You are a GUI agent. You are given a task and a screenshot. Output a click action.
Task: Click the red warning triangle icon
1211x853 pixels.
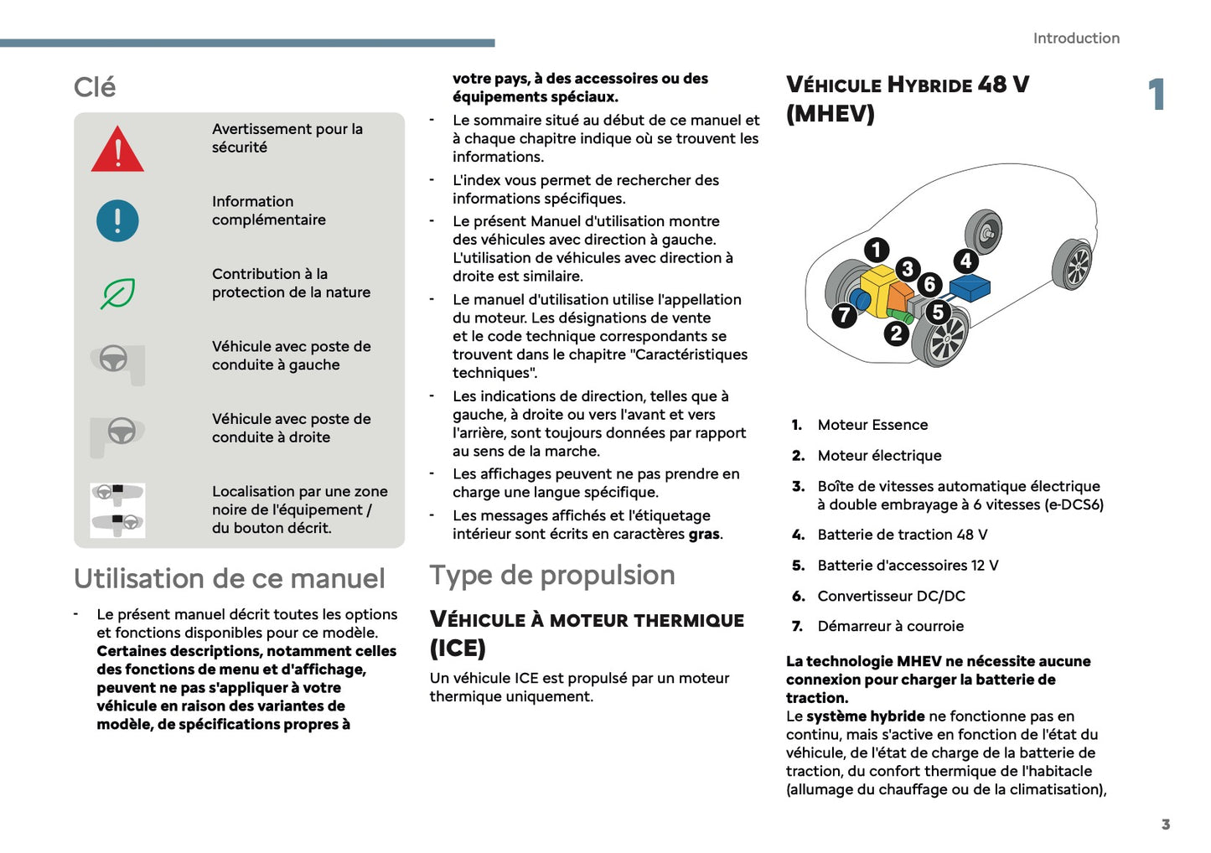click(117, 151)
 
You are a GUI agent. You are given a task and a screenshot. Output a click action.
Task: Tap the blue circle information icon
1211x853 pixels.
click(117, 220)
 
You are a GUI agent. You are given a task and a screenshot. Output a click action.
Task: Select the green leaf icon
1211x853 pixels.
click(117, 293)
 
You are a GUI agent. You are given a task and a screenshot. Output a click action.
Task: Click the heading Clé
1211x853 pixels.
click(95, 87)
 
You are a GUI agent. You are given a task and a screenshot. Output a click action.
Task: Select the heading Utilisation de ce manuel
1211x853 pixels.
click(229, 578)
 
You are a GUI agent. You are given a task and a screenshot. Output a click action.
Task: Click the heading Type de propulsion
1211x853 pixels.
click(552, 575)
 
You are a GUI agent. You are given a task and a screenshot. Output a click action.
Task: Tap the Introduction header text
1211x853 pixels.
click(1076, 39)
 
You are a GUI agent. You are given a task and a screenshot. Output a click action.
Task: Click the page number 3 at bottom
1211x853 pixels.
click(1165, 825)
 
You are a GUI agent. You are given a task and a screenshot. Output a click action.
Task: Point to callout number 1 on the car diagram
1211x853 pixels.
click(877, 249)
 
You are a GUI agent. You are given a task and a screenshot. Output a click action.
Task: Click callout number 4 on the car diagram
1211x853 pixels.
click(965, 261)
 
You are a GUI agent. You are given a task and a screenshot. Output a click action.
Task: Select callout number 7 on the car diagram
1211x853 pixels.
click(844, 315)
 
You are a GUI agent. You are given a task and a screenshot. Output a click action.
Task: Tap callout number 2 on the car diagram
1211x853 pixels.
click(896, 333)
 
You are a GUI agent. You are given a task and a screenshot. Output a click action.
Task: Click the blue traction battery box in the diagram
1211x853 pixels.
click(970, 288)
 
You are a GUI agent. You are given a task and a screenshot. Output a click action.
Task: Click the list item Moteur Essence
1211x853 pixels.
click(872, 425)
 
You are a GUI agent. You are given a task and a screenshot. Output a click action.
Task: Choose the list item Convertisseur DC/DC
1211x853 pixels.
click(891, 596)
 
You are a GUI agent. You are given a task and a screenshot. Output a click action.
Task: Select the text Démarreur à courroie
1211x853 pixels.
click(890, 626)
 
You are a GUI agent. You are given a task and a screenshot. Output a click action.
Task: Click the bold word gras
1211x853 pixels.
click(703, 534)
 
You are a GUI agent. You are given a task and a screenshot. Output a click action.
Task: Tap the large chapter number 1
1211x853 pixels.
click(1157, 94)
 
